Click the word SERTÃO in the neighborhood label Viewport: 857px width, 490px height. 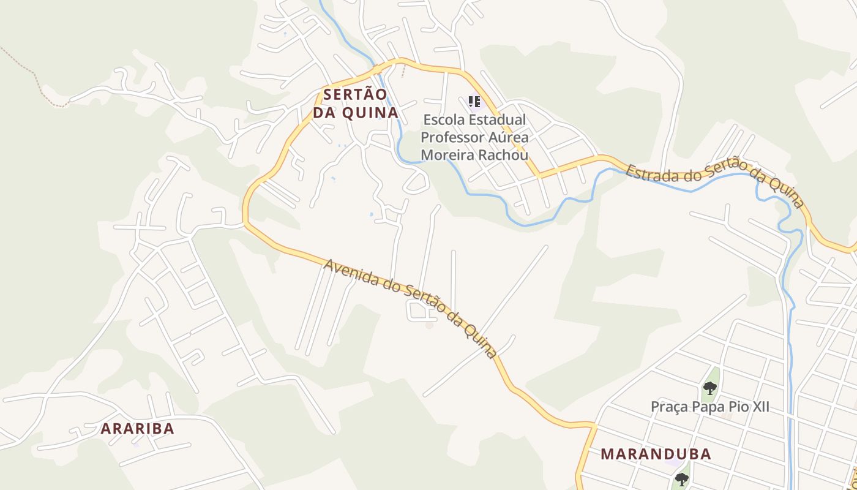click(x=355, y=95)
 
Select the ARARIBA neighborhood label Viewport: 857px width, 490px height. click(x=138, y=429)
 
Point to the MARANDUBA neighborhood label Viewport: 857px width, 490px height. click(x=656, y=454)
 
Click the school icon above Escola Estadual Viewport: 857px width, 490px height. click(x=474, y=101)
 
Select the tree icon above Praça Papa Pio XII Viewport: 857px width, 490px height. click(x=709, y=388)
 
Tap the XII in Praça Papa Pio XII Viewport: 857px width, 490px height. click(x=758, y=407)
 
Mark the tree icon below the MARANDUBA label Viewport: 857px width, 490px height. click(x=681, y=480)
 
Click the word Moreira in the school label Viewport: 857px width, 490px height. click(x=447, y=155)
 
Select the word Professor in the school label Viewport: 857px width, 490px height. click(x=449, y=137)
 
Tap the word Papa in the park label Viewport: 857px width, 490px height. click(x=704, y=407)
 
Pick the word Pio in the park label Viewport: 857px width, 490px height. click(x=733, y=407)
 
